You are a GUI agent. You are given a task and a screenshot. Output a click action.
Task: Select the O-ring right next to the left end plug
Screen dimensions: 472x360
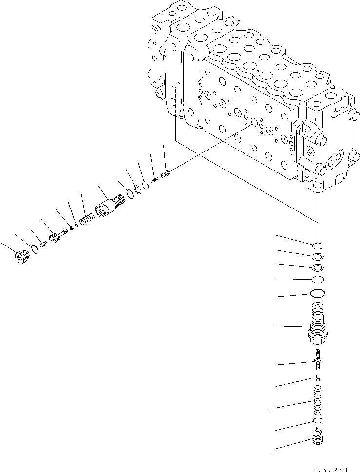click(x=34, y=249)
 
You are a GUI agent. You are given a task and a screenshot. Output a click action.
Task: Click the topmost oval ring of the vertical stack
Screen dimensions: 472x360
click(x=317, y=244)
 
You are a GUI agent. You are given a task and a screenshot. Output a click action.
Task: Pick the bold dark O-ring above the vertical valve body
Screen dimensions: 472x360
click(x=317, y=294)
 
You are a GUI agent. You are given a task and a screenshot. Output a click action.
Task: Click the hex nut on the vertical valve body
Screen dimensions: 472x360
click(x=317, y=335)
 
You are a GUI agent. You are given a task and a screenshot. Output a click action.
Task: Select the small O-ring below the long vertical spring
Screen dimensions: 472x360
click(x=317, y=420)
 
